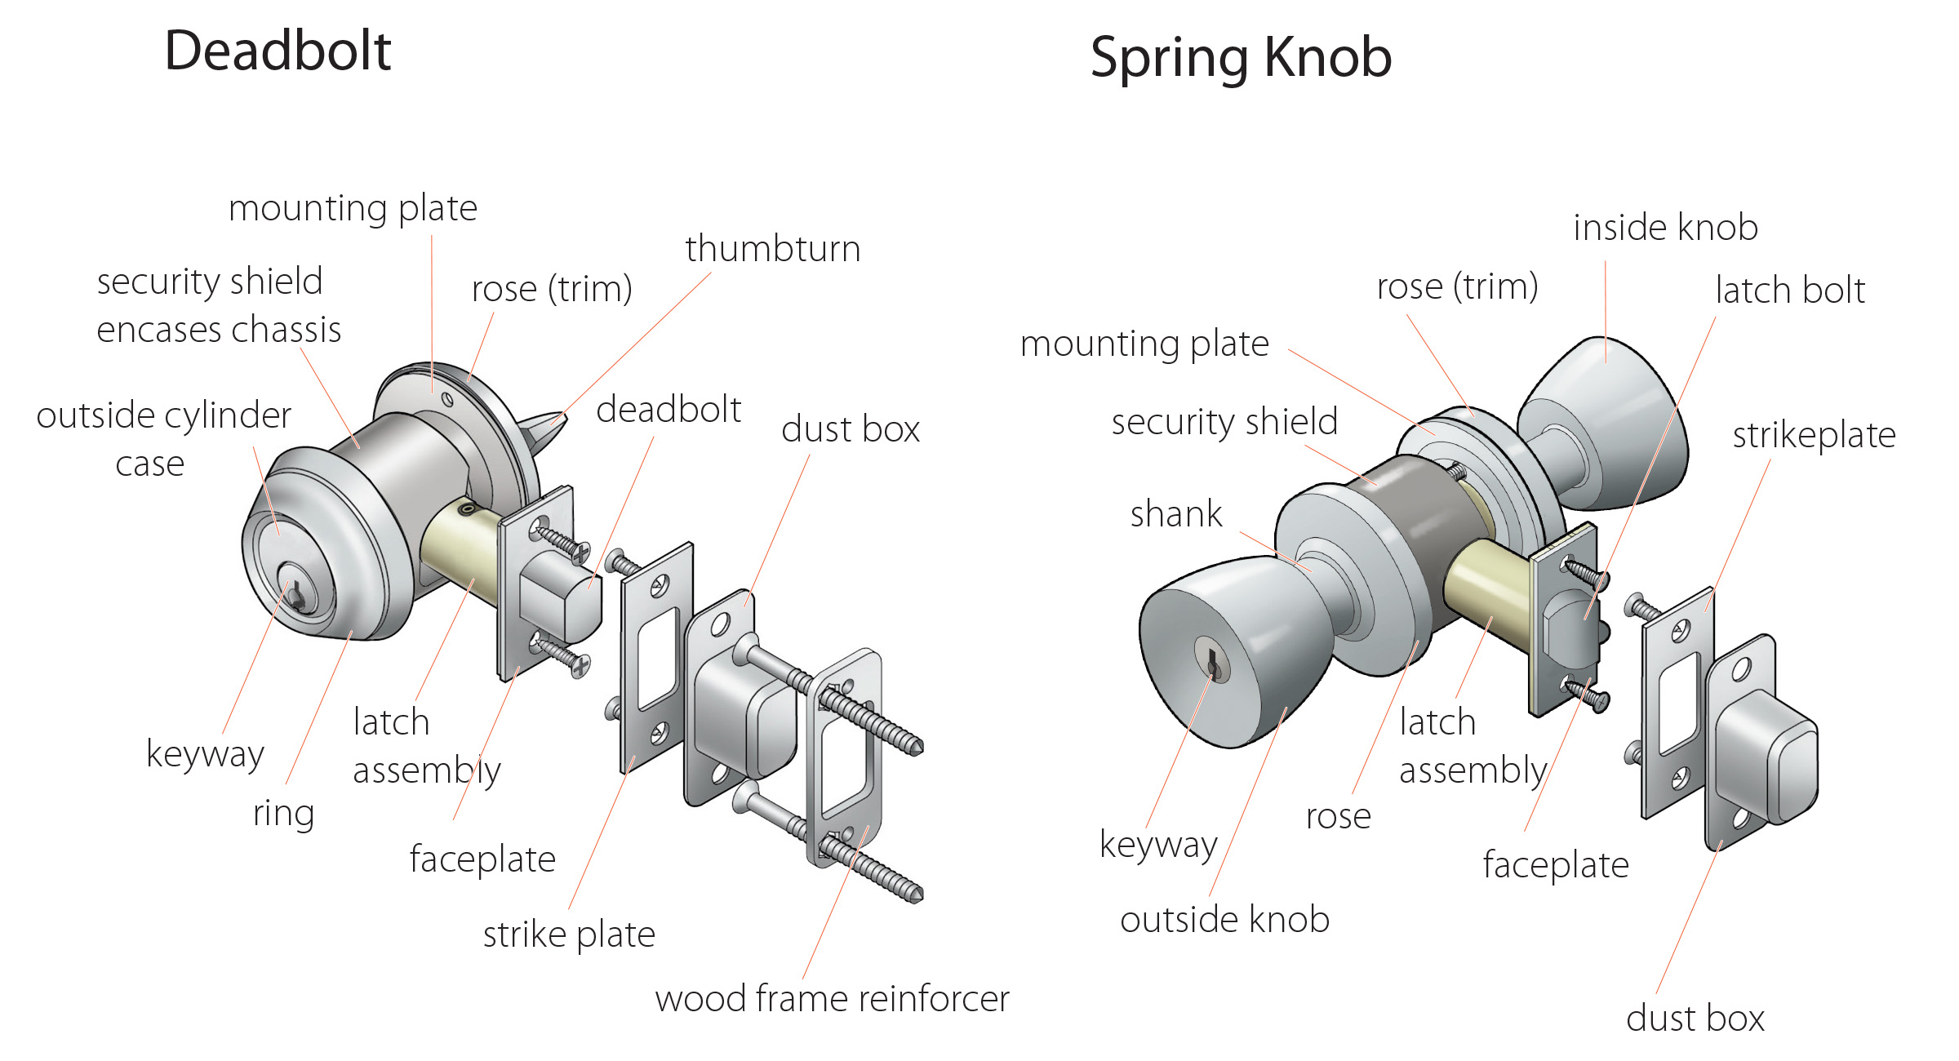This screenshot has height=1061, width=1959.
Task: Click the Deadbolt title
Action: tap(278, 51)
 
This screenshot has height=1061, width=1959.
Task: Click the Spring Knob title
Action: tap(1241, 57)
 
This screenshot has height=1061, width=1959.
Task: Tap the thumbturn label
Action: tap(772, 249)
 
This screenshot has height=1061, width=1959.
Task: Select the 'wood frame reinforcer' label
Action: tap(832, 999)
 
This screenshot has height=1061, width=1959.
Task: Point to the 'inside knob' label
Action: tap(1665, 228)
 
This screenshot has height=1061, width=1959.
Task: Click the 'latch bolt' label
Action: tap(1790, 291)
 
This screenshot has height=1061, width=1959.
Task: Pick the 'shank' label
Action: tap(1176, 514)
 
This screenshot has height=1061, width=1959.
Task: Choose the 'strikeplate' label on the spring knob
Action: tap(1814, 435)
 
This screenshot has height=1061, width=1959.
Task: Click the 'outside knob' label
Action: tap(1224, 920)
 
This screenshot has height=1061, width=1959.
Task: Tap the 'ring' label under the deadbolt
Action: tap(283, 813)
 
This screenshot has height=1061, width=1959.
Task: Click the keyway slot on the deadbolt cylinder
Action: tap(295, 596)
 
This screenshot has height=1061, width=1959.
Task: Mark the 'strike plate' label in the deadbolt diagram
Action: tap(569, 934)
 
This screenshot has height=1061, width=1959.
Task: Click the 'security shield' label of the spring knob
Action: tap(1224, 422)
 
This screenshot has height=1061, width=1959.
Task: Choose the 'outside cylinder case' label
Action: tap(163, 439)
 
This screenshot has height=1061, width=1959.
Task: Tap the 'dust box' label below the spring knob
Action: tap(1695, 1019)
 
